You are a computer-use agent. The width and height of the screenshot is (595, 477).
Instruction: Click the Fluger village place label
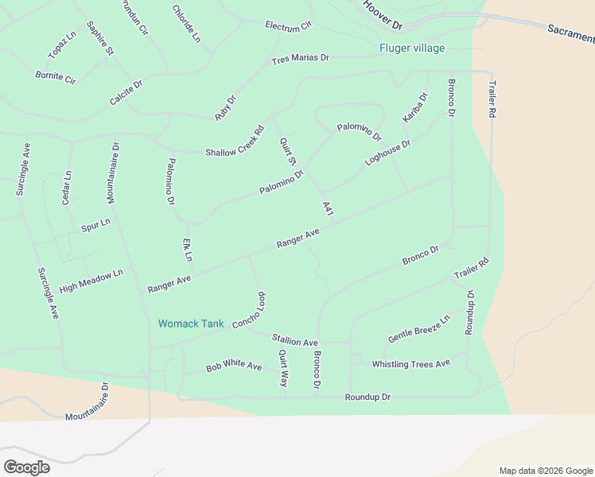[411, 48]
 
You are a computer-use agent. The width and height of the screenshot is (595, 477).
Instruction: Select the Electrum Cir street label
[289, 26]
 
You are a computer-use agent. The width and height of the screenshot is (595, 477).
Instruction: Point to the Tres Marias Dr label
[300, 59]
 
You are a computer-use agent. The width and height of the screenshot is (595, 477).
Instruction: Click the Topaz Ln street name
[62, 46]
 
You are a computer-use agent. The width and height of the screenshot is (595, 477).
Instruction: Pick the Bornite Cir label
[56, 79]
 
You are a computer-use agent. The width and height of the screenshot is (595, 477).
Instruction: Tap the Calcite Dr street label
[126, 92]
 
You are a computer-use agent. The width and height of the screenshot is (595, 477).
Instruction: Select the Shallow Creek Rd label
[235, 142]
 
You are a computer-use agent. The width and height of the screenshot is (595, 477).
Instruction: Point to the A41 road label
[327, 208]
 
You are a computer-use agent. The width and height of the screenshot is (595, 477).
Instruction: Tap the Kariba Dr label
[414, 107]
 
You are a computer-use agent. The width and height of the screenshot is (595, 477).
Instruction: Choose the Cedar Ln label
[67, 188]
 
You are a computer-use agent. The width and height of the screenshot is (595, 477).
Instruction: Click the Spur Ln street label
[95, 226]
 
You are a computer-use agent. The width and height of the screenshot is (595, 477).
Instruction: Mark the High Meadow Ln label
[91, 280]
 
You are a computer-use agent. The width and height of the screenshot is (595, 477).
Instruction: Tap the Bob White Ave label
[234, 367]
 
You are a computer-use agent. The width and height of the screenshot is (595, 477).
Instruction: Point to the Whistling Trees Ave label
[411, 363]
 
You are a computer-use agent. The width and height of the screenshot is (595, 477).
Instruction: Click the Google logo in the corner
[26, 467]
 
